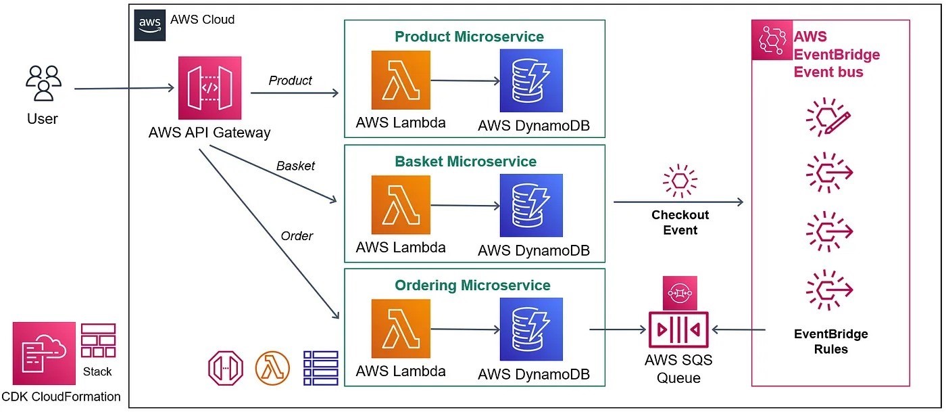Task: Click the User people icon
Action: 43,84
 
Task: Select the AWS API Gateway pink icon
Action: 209,88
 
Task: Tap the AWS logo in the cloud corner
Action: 149,25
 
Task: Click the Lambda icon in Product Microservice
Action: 401,81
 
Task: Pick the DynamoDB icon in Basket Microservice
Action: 531,205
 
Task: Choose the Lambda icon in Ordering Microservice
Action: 401,329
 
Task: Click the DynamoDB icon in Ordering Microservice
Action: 531,329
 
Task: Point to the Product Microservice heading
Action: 469,37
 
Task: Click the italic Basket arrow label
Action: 295,166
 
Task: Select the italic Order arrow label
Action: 297,236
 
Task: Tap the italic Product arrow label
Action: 290,81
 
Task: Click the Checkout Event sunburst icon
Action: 680,181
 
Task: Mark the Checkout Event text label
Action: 680,223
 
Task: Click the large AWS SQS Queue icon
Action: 678,330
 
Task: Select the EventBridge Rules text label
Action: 830,342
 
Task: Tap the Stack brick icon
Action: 98,341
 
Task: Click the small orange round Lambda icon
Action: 272,367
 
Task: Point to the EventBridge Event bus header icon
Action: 772,40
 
